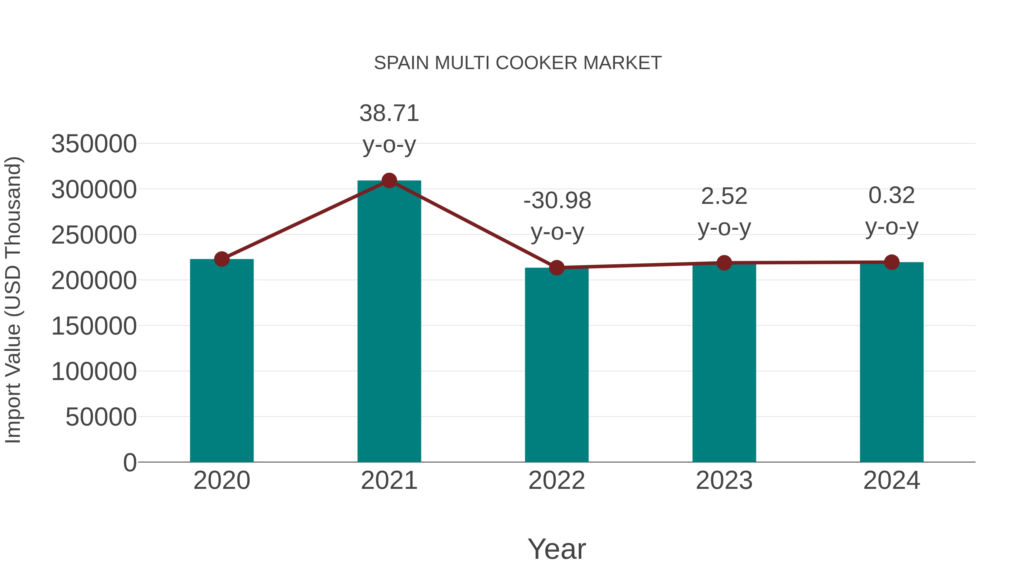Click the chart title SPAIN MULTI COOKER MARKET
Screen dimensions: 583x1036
click(518, 63)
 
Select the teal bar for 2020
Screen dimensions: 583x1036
click(222, 362)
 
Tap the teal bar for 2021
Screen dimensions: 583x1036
click(389, 322)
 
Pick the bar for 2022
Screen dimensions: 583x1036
click(557, 366)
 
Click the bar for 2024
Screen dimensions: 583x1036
click(892, 362)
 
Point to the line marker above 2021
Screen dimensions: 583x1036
click(389, 181)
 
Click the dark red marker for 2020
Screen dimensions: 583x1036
click(222, 259)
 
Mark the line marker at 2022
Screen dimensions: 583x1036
click(557, 267)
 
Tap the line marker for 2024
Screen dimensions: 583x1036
click(892, 262)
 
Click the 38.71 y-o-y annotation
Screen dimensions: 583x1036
click(389, 129)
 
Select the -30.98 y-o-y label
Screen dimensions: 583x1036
click(557, 216)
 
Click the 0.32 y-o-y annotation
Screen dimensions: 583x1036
click(892, 211)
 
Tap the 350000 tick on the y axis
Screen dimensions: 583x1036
click(94, 144)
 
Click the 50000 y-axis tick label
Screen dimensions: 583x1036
click(101, 417)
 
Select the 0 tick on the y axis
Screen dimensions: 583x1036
click(130, 463)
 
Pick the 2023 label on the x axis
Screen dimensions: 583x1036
click(724, 481)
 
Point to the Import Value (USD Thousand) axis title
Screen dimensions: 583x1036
click(13, 300)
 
